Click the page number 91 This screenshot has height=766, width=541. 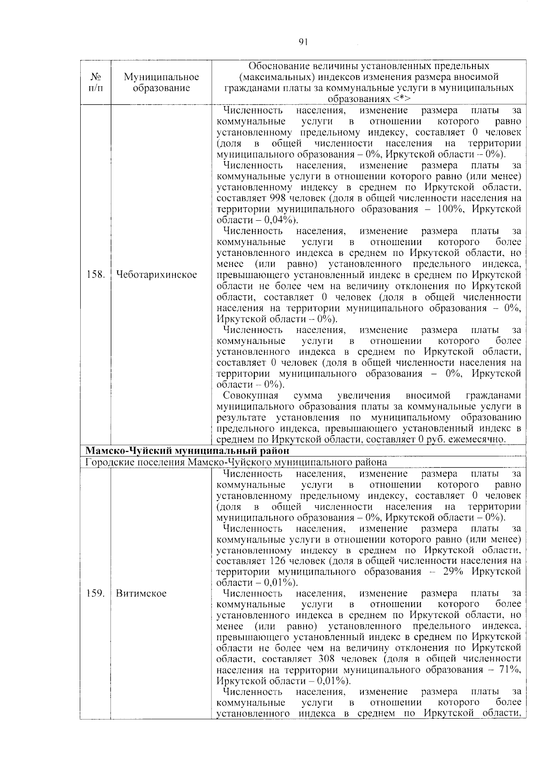pos(303,42)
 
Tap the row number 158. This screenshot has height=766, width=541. pos(95,275)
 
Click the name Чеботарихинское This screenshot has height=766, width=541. pos(156,275)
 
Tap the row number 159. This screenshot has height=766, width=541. pos(95,593)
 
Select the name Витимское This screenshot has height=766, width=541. pos(141,593)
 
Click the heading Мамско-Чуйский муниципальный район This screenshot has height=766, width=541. pos(187,450)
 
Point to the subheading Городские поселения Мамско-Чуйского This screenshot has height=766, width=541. pos(236,462)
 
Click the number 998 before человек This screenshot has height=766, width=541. pos(278,198)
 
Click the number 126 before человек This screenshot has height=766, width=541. pos(278,561)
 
